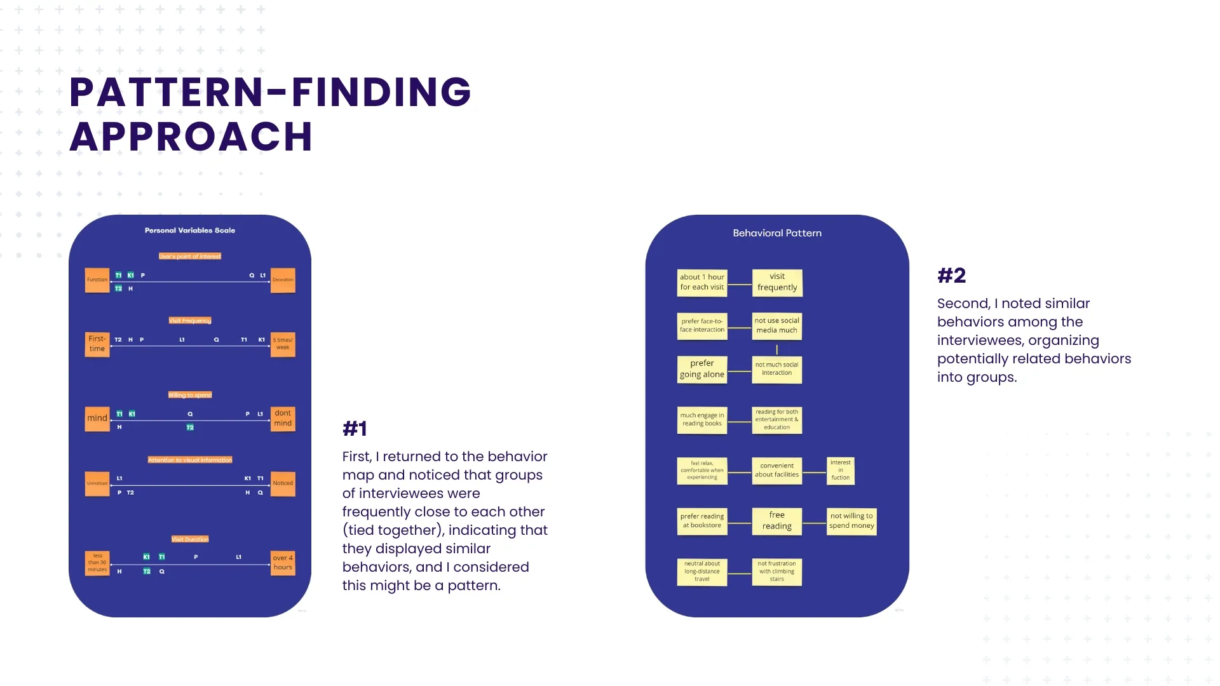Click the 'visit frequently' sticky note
(x=776, y=282)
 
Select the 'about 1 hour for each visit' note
(x=701, y=282)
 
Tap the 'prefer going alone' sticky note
(x=701, y=369)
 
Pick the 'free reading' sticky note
(x=776, y=521)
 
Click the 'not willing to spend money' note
(x=851, y=521)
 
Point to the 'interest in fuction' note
(x=840, y=471)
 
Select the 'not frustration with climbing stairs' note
(x=776, y=572)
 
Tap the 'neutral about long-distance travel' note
(x=701, y=572)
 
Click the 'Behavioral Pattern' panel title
(x=776, y=233)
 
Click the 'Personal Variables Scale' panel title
(x=189, y=231)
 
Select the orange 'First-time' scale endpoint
(x=97, y=344)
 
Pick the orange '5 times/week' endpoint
(x=283, y=344)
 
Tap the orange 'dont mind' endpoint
(x=283, y=419)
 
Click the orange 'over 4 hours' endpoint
(x=283, y=563)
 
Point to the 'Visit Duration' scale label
(x=189, y=539)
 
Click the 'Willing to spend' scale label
(x=189, y=395)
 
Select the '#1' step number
(x=355, y=429)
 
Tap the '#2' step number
(x=951, y=276)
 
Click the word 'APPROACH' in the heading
(x=191, y=137)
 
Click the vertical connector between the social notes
(x=776, y=349)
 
